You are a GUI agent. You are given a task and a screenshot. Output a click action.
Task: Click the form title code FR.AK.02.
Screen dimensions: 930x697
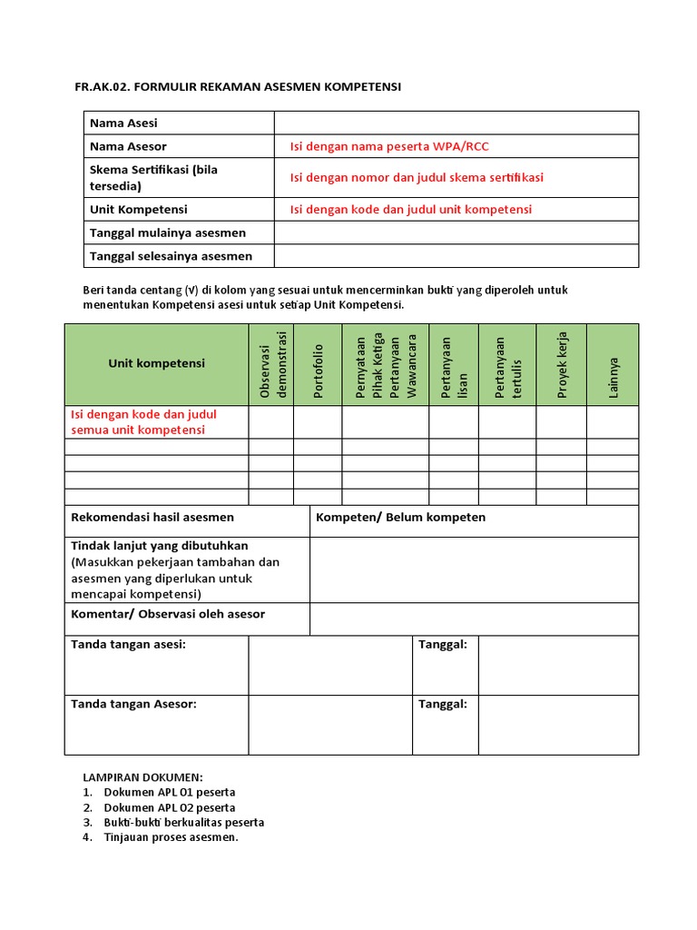[102, 87]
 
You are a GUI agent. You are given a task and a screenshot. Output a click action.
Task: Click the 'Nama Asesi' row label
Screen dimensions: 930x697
[123, 123]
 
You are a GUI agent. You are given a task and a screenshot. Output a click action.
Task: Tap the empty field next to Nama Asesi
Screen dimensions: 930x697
[456, 123]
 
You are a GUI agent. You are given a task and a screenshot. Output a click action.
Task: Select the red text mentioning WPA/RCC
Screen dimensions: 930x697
[389, 146]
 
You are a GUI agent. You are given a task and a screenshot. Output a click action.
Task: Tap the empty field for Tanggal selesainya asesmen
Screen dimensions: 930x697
[456, 256]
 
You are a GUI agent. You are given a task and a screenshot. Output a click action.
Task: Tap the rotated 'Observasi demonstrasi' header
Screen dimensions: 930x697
[271, 364]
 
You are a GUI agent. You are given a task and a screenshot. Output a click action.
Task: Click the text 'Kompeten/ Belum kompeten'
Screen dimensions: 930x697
[400, 518]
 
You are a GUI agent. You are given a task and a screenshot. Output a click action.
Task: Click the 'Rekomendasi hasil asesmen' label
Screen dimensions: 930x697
[152, 518]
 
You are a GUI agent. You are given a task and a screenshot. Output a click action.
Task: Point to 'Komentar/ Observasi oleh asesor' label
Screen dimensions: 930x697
[168, 614]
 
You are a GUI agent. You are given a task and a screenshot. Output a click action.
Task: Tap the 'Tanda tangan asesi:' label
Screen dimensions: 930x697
[128, 644]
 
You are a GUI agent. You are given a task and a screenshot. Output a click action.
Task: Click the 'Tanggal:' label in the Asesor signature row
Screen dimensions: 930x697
[443, 704]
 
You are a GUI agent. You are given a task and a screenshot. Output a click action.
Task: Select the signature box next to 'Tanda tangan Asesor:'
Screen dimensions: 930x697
[329, 725]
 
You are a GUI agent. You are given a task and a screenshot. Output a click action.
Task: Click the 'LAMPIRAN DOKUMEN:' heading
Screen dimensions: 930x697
[143, 777]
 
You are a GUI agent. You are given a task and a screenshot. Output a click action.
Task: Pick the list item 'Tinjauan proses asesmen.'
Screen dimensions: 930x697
[171, 837]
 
